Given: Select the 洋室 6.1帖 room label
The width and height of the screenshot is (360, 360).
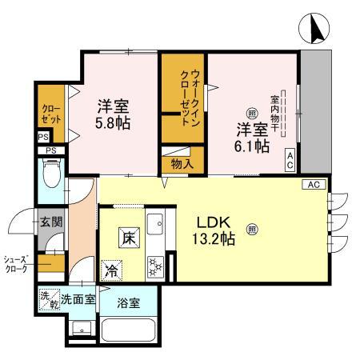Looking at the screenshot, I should click(251, 138).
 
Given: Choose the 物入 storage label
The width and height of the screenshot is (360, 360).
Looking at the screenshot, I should click(181, 162).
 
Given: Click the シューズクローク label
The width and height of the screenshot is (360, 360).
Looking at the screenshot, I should click(16, 264).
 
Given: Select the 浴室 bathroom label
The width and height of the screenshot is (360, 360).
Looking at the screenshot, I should click(127, 302).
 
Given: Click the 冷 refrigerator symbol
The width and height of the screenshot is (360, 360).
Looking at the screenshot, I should click(110, 271).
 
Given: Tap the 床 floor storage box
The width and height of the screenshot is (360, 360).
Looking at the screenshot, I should click(127, 237).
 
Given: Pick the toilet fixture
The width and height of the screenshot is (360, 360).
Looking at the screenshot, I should click(51, 173).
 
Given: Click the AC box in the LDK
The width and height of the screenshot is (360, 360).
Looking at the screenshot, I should click(313, 185).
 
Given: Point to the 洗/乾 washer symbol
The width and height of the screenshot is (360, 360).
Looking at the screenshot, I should click(49, 299).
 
